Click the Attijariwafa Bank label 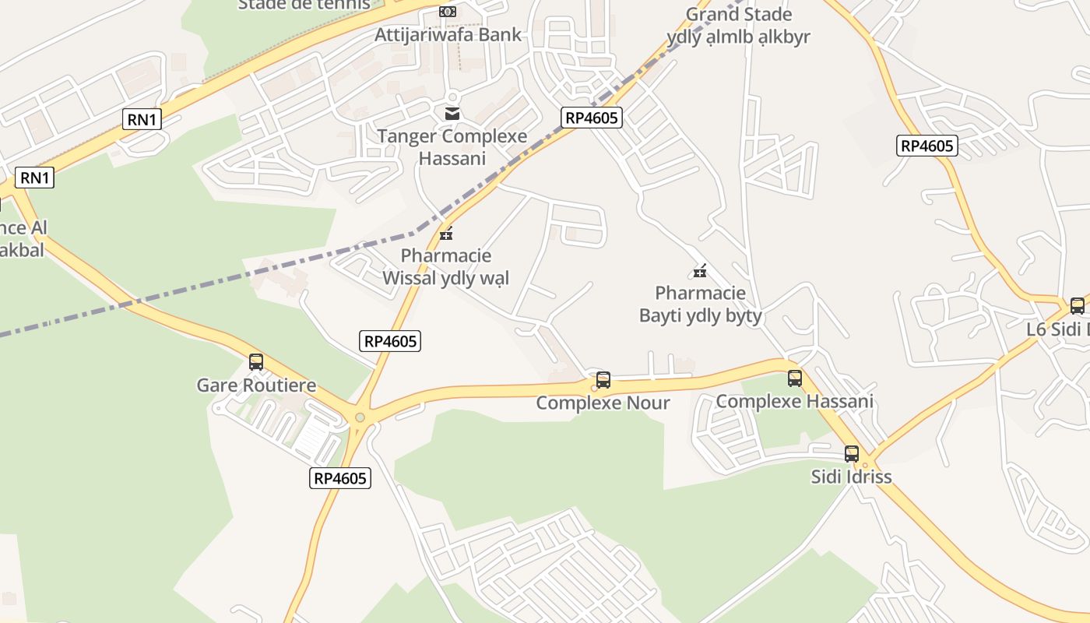pyautogui.click(x=448, y=35)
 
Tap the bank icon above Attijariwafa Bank pyautogui.click(x=447, y=12)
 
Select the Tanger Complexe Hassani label pyautogui.click(x=452, y=147)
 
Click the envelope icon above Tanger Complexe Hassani pyautogui.click(x=452, y=114)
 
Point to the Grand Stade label pyautogui.click(x=739, y=15)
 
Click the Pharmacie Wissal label pyautogui.click(x=446, y=266)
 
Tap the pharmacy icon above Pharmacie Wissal pyautogui.click(x=446, y=233)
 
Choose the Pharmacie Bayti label pyautogui.click(x=700, y=304)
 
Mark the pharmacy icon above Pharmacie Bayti pyautogui.click(x=700, y=271)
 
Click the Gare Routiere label pyautogui.click(x=256, y=385)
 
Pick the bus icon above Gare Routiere pyautogui.click(x=256, y=362)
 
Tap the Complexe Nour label pyautogui.click(x=603, y=403)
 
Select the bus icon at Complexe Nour pyautogui.click(x=603, y=380)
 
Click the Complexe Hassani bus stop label pyautogui.click(x=794, y=401)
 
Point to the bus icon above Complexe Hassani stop pyautogui.click(x=795, y=378)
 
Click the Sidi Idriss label pyautogui.click(x=851, y=476)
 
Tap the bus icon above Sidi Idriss pyautogui.click(x=852, y=454)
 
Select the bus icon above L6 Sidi pyautogui.click(x=1078, y=306)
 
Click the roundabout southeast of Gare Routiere pyautogui.click(x=360, y=417)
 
